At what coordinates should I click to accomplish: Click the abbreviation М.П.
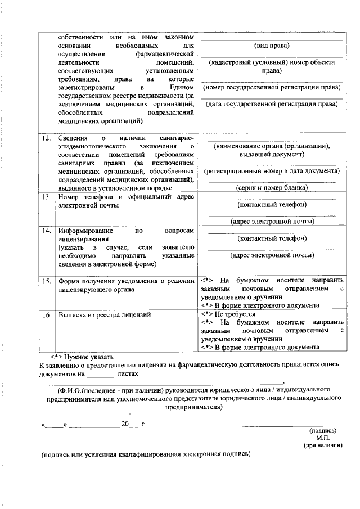click(x=322, y=438)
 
